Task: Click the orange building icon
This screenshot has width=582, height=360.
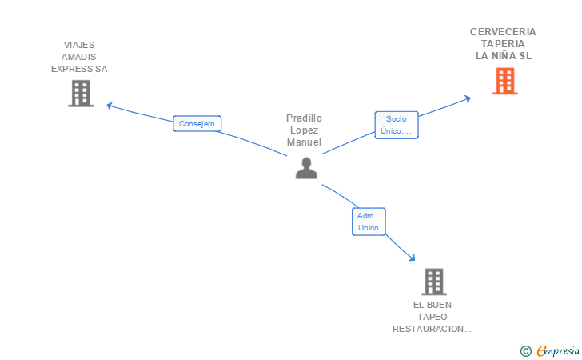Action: (x=504, y=81)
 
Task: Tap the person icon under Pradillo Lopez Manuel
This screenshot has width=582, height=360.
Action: (x=306, y=168)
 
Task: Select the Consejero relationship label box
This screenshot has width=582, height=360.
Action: (x=197, y=124)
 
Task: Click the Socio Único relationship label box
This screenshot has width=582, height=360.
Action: (x=397, y=125)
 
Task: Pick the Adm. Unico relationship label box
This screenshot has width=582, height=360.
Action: (x=369, y=222)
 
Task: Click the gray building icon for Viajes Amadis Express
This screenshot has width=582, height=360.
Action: (x=81, y=94)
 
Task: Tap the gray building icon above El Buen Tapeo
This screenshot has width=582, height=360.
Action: (x=434, y=282)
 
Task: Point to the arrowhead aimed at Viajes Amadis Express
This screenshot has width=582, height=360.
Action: (x=110, y=106)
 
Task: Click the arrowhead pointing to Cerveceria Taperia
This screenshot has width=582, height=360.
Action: (x=468, y=99)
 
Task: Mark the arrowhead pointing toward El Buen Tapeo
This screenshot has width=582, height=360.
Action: (x=412, y=258)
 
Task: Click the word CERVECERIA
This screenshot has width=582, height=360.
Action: (x=503, y=32)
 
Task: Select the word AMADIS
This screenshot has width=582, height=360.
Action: (x=78, y=57)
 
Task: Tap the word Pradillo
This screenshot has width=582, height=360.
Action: (x=304, y=118)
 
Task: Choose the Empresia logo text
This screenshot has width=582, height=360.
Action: (x=558, y=350)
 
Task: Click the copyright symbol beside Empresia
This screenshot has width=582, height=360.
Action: (x=525, y=351)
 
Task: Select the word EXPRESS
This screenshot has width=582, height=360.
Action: (x=73, y=69)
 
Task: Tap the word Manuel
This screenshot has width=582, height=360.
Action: (x=304, y=142)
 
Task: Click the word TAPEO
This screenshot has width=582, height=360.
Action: (x=432, y=317)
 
